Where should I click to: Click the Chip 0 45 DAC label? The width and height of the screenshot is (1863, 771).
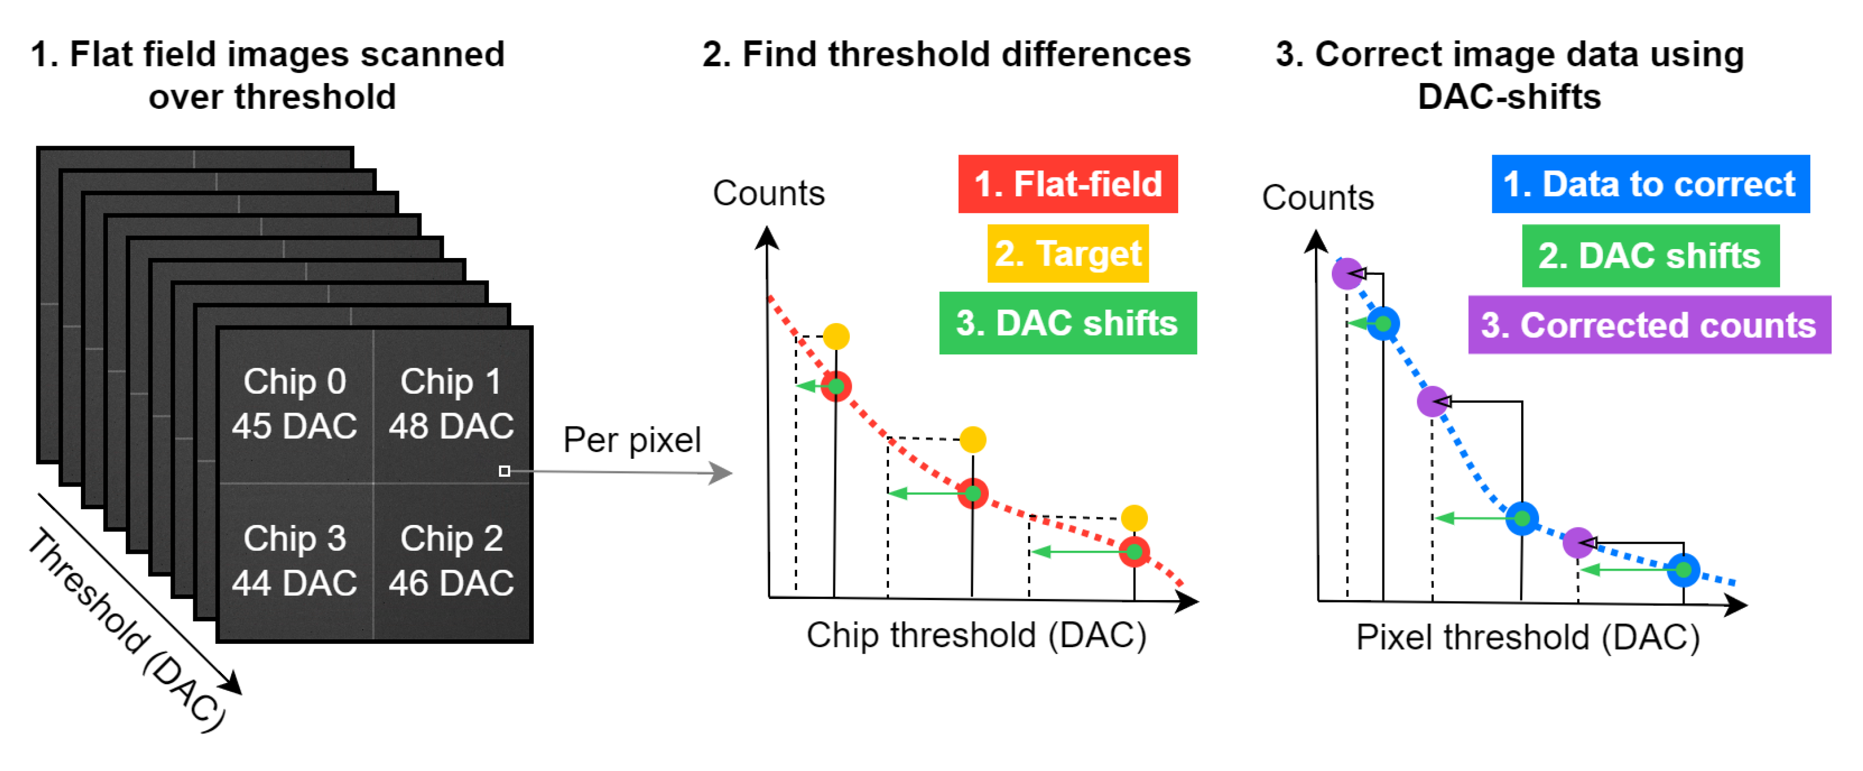[294, 404]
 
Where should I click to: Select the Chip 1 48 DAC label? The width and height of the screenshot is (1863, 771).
[451, 404]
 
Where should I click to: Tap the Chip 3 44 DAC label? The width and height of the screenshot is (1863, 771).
[294, 561]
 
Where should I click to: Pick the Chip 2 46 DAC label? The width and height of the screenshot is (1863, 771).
[451, 561]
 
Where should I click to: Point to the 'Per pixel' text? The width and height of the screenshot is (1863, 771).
[632, 440]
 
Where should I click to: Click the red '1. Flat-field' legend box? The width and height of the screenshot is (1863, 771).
[1067, 184]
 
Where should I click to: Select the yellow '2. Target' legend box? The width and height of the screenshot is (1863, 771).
[1067, 253]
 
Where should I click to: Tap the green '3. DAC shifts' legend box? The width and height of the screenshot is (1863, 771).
[1067, 323]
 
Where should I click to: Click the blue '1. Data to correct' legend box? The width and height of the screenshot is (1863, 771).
[1650, 184]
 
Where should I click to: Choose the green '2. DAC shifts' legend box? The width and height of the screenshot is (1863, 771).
[1650, 256]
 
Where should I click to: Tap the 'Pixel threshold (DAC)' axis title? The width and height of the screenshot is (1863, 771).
[1528, 638]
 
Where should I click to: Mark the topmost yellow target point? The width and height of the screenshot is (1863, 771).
[836, 337]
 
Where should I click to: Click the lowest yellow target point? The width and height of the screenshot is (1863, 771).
[1134, 518]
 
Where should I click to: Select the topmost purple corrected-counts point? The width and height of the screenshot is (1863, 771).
[1347, 274]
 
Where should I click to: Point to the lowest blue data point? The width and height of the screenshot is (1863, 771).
[1684, 570]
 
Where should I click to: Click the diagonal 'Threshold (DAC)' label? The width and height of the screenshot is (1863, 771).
[127, 629]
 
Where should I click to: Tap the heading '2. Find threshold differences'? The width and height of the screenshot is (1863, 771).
[946, 54]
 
